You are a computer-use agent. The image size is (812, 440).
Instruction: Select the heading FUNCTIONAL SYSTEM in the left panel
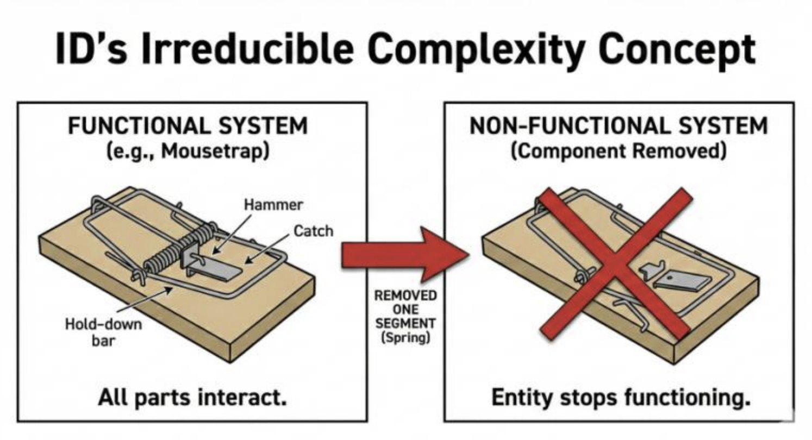click(x=188, y=126)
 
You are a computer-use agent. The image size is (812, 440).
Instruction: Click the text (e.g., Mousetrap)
click(x=188, y=150)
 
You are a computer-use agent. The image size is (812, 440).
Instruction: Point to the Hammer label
click(x=273, y=205)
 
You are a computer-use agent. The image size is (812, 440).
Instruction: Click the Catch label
click(x=313, y=231)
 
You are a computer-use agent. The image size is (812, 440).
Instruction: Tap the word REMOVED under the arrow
click(x=405, y=296)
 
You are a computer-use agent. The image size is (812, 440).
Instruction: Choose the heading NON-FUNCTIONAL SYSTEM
click(x=619, y=126)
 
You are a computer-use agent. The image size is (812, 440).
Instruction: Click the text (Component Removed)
click(x=619, y=150)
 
